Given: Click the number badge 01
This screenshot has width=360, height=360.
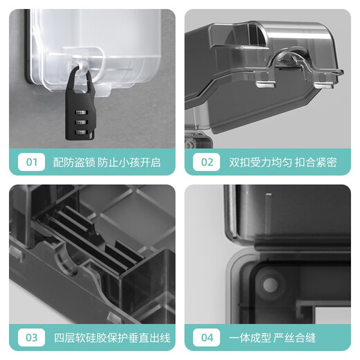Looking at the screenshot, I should tap(30, 163).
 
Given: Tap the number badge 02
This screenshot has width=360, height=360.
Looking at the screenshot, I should tap(206, 163).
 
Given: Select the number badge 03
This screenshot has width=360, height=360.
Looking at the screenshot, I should tap(30, 339).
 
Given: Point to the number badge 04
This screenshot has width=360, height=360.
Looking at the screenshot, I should tap(206, 339).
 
